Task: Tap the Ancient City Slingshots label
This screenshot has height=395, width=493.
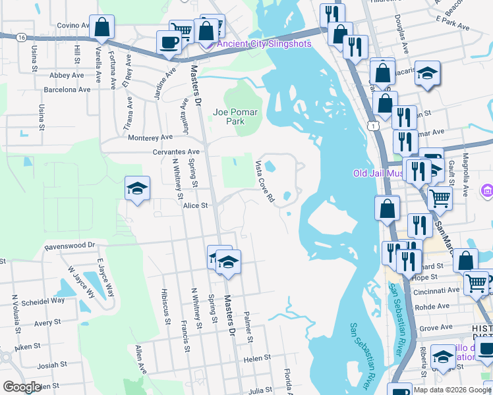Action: coord(264,44)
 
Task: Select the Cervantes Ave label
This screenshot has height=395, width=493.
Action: coord(176,151)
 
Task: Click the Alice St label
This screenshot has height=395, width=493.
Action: coord(196,205)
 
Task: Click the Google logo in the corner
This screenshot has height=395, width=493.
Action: coord(22,386)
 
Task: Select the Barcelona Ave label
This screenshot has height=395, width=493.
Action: coord(67,89)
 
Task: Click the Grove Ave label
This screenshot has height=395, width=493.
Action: coord(435,327)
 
